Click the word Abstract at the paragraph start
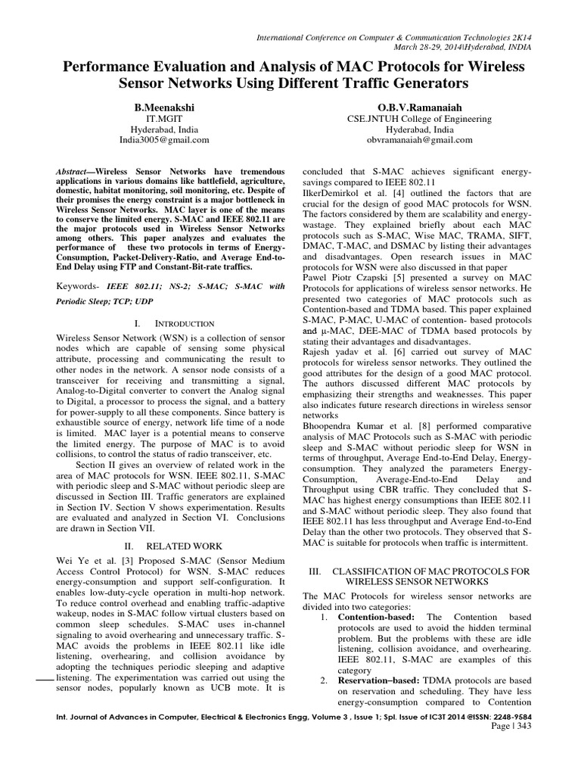pyautogui.click(x=75, y=173)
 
